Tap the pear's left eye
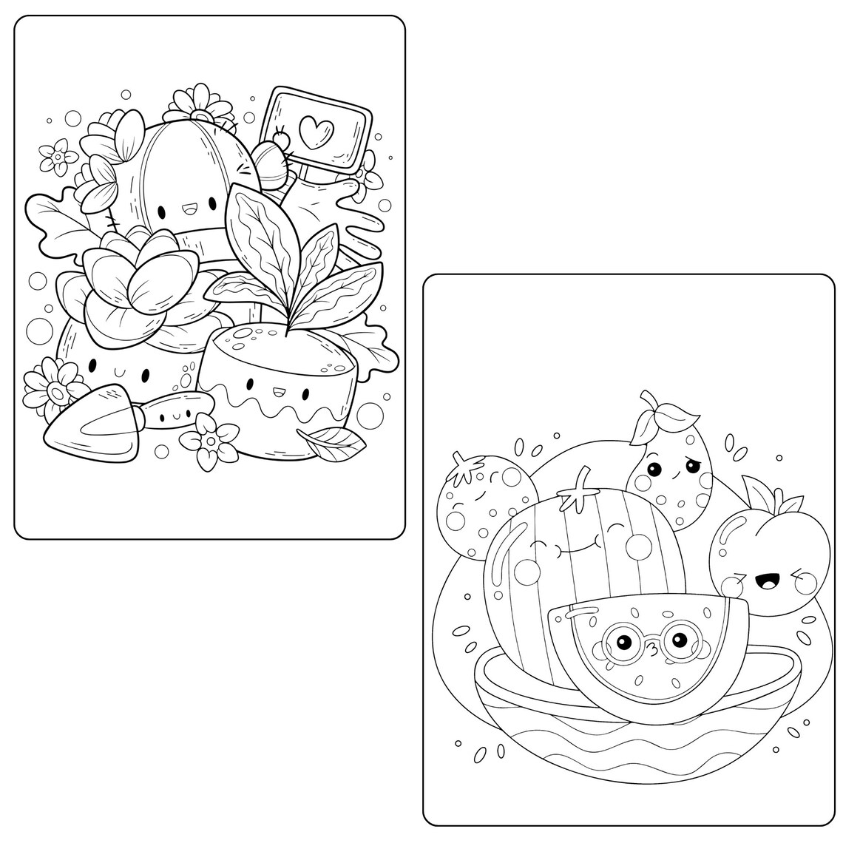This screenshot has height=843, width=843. [x=653, y=469]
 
